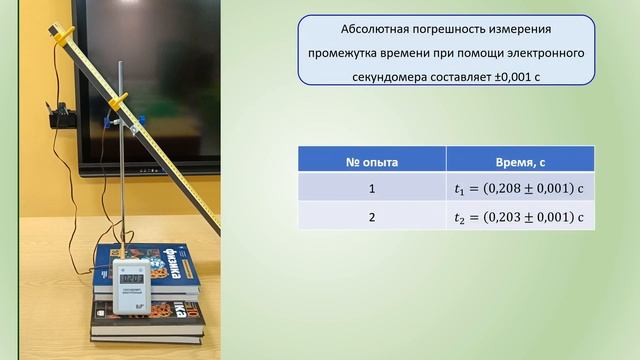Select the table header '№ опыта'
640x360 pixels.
click(x=371, y=160)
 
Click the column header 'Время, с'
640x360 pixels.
click(x=519, y=160)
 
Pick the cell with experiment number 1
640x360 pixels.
click(x=371, y=188)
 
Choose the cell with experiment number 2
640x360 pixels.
click(x=371, y=216)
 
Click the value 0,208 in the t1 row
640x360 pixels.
click(x=508, y=188)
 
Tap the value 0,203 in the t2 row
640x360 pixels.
click(x=508, y=216)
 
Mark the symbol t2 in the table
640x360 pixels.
click(x=460, y=217)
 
